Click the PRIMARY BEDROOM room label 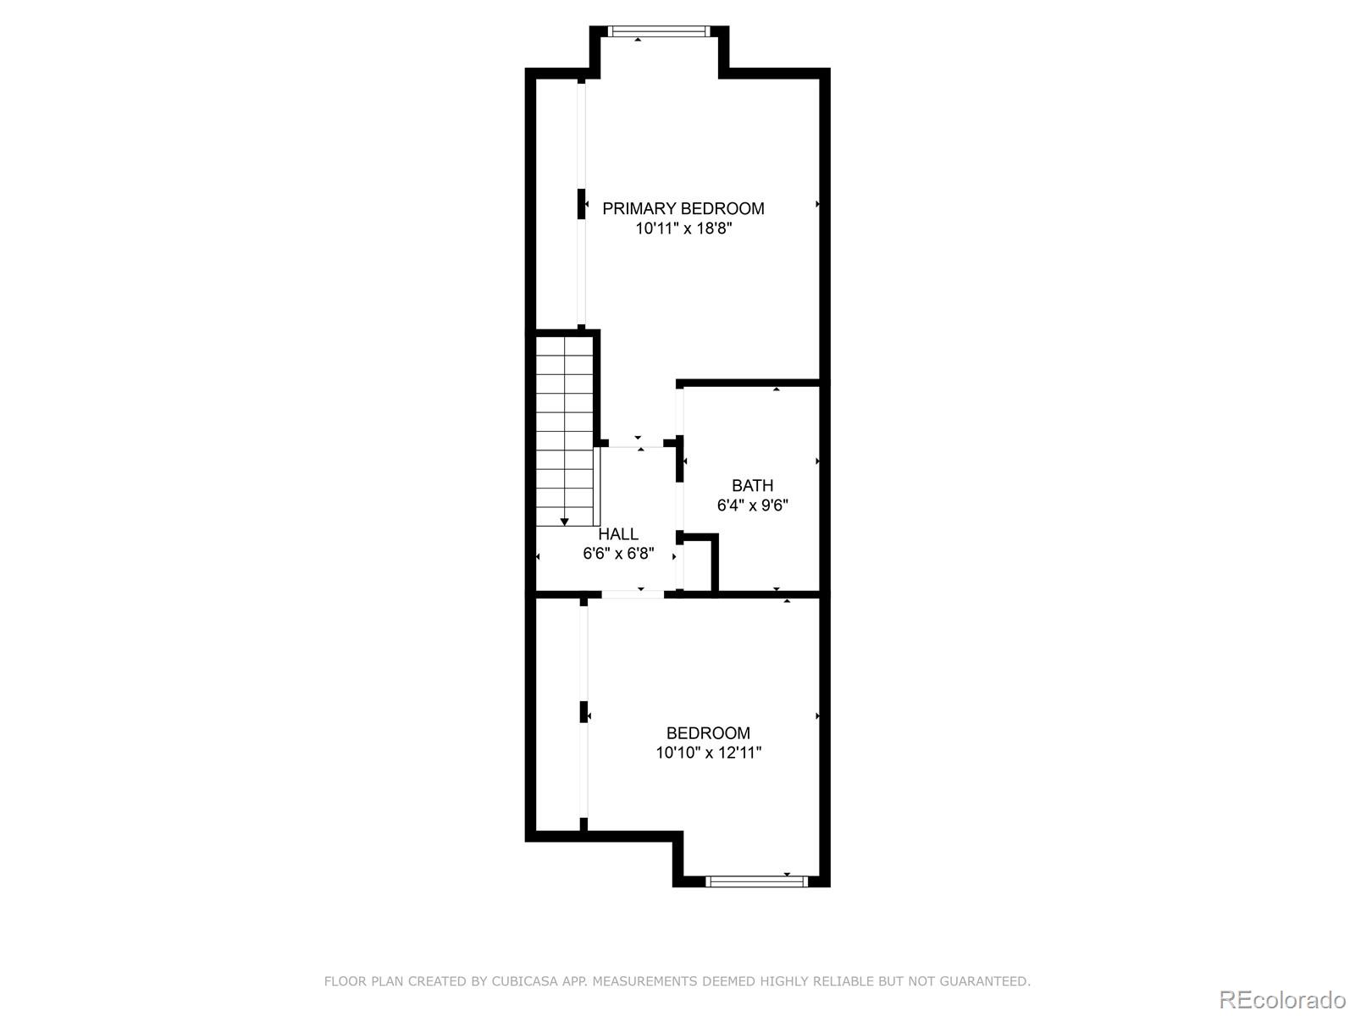(x=683, y=208)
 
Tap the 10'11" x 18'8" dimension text (x=683, y=228)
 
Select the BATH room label (x=752, y=485)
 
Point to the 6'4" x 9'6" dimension (x=752, y=505)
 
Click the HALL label (x=618, y=534)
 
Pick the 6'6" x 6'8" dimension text (x=618, y=554)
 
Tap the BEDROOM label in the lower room (x=708, y=733)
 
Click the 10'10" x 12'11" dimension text (x=708, y=753)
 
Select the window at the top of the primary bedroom (x=658, y=32)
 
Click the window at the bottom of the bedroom (x=756, y=881)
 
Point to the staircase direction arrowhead (x=565, y=522)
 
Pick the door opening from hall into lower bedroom (x=633, y=594)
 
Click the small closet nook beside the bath (x=698, y=564)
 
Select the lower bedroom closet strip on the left (x=557, y=715)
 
